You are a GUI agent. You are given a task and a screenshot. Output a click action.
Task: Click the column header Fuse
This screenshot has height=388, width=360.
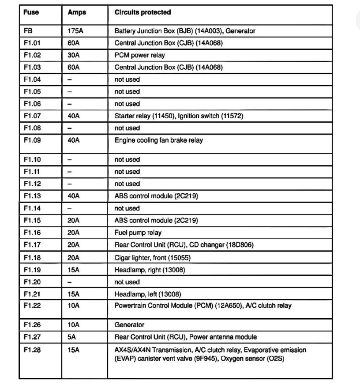click(x=31, y=12)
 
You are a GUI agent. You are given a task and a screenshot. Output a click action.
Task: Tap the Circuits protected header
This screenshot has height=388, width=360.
click(x=142, y=12)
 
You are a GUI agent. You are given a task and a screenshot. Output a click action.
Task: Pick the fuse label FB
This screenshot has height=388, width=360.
click(x=28, y=31)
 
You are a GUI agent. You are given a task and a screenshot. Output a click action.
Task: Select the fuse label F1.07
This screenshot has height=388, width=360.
click(x=32, y=116)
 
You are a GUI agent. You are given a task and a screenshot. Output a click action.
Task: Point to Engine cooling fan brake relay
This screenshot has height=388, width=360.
click(x=159, y=140)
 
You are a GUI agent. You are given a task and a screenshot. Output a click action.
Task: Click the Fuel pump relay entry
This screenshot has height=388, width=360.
click(x=138, y=233)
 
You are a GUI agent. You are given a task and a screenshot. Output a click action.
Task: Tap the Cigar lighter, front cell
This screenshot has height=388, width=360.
click(x=153, y=257)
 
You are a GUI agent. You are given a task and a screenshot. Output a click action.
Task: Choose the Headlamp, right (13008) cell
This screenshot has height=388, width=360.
click(x=150, y=270)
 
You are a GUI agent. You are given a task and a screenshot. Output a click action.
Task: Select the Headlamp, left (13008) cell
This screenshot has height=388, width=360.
click(x=148, y=294)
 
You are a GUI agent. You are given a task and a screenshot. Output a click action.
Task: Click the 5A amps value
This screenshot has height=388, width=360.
click(x=71, y=337)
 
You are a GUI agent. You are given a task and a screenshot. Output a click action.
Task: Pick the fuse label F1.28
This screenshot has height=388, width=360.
click(x=32, y=350)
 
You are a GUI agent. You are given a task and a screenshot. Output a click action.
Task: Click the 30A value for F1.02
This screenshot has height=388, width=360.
click(x=74, y=56)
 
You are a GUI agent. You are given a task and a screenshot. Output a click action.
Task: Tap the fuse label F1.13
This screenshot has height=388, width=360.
click(x=32, y=196)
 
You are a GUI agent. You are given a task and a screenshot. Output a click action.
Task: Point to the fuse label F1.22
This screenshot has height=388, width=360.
click(x=32, y=305)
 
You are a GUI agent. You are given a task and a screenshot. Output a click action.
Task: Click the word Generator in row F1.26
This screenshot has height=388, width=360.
click(x=129, y=325)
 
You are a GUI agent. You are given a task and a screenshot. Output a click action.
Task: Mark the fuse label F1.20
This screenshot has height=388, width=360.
click(x=32, y=282)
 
